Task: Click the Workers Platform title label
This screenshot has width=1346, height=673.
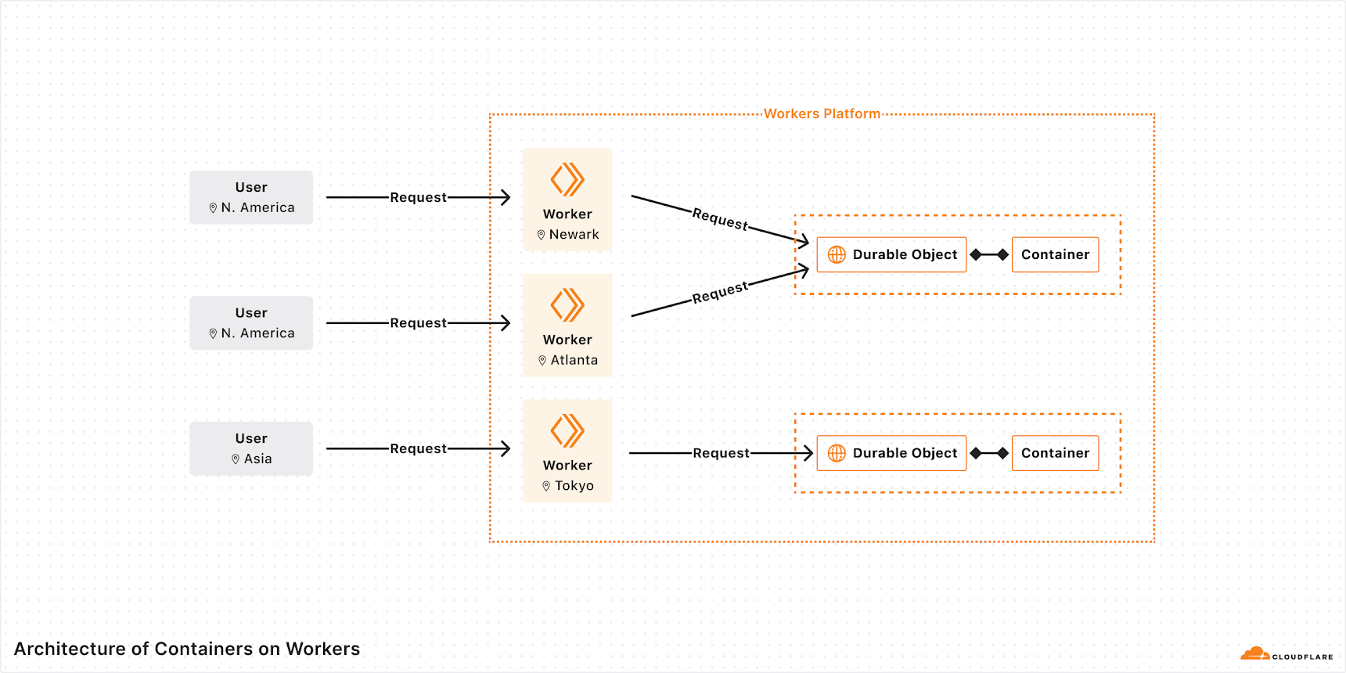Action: pyautogui.click(x=822, y=113)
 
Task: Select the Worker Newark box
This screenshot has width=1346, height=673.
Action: pyautogui.click(x=567, y=200)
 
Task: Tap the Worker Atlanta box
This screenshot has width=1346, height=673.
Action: pyautogui.click(x=567, y=326)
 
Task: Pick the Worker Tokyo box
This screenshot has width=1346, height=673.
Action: pyautogui.click(x=567, y=451)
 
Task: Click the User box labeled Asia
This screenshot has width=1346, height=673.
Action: pyautogui.click(x=251, y=448)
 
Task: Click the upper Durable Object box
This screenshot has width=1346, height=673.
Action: pyautogui.click(x=891, y=254)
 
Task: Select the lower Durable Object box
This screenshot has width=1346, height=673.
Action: pyautogui.click(x=891, y=453)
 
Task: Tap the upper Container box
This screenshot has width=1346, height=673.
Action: pyautogui.click(x=1055, y=254)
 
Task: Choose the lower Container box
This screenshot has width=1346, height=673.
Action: pyautogui.click(x=1055, y=453)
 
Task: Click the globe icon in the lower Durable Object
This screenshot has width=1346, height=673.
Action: pyautogui.click(x=837, y=453)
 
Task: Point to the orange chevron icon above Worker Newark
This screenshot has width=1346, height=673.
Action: pyautogui.click(x=567, y=179)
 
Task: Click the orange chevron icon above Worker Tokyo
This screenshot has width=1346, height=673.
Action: pyautogui.click(x=567, y=430)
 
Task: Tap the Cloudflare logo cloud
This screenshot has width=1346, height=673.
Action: pyautogui.click(x=1255, y=653)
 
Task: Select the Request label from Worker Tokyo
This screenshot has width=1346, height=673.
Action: pyautogui.click(x=721, y=453)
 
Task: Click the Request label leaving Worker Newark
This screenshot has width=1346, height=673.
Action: pyautogui.click(x=720, y=218)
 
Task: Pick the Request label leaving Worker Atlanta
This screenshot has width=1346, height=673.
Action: pyautogui.click(x=720, y=293)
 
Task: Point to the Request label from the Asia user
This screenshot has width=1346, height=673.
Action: pyautogui.click(x=418, y=448)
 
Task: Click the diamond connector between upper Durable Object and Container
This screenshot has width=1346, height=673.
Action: pyautogui.click(x=989, y=254)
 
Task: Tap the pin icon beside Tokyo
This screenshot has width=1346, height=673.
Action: pyautogui.click(x=546, y=486)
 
